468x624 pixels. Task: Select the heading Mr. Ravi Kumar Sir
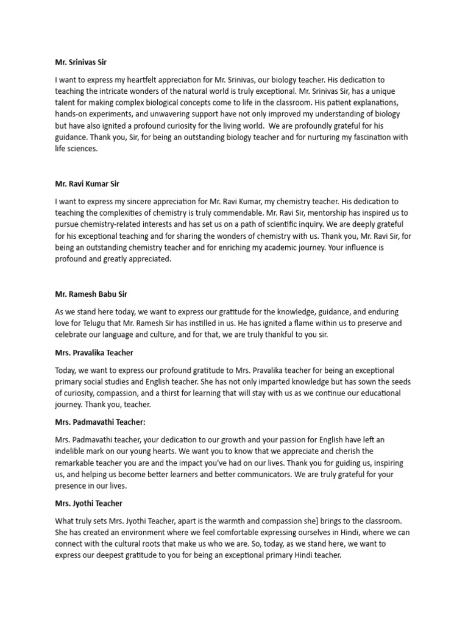90,183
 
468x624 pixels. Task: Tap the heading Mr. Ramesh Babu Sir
91,294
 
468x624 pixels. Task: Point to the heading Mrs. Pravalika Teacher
94,353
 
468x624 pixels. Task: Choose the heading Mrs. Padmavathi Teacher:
101,422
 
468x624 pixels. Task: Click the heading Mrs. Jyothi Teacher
88,503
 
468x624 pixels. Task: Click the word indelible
71,451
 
